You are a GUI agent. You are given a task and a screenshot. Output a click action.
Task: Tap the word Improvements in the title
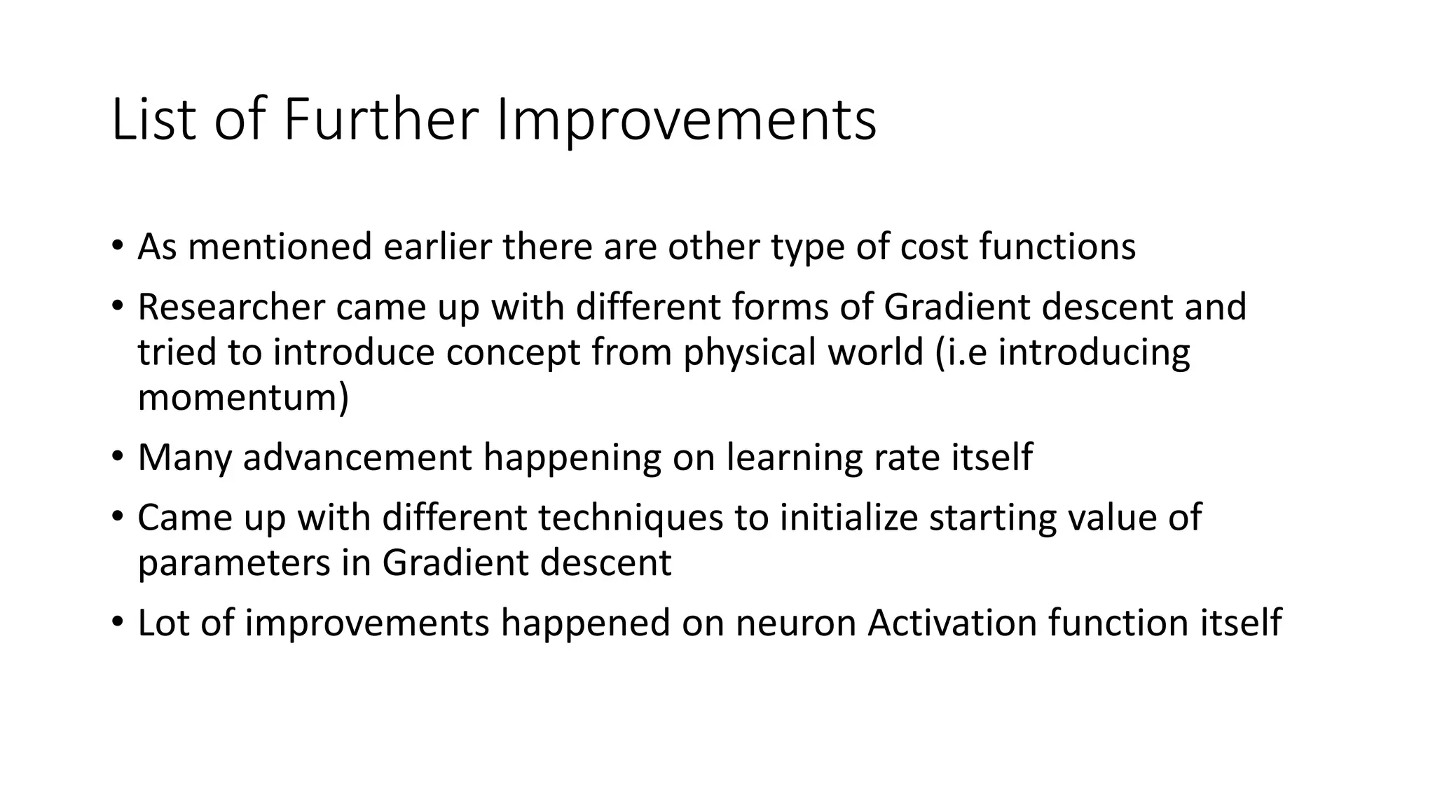point(686,120)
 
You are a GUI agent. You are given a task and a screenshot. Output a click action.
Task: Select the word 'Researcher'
point(231,307)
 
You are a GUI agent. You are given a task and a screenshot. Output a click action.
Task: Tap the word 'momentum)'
point(243,397)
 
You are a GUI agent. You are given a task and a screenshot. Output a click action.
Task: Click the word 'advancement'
point(357,457)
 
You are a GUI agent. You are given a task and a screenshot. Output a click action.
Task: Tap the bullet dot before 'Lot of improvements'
point(117,622)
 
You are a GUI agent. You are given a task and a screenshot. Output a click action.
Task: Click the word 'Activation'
point(952,623)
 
